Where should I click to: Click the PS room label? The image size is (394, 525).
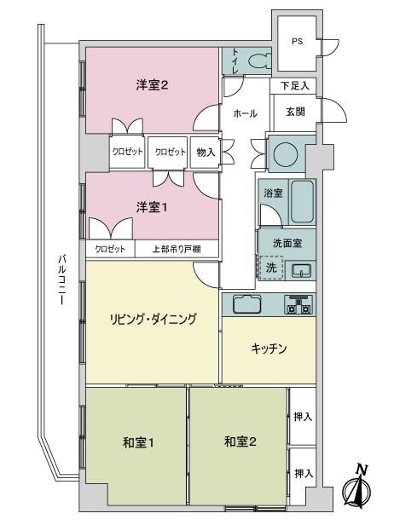[297, 42]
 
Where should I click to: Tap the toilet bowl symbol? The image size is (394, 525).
[260, 61]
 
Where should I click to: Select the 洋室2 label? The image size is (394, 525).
[152, 85]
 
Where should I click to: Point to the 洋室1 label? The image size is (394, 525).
[152, 207]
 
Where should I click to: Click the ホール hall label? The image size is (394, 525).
[246, 113]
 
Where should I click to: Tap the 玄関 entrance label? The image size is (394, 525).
[295, 112]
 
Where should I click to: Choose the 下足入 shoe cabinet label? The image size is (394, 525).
[295, 86]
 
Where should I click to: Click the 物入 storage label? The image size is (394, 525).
[206, 153]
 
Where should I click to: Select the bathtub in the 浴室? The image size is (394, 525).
[302, 201]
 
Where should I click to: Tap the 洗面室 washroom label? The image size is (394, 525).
[287, 243]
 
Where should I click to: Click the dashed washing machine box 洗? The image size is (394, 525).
[271, 268]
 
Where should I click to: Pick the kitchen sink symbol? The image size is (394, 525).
[247, 303]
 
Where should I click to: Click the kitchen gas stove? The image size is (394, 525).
[298, 304]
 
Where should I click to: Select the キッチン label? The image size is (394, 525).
[269, 349]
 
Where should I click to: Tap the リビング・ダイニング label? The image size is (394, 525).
[154, 319]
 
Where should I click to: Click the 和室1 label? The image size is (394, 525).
[138, 442]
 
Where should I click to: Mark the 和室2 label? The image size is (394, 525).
[240, 441]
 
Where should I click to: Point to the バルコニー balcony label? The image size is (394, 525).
[61, 280]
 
